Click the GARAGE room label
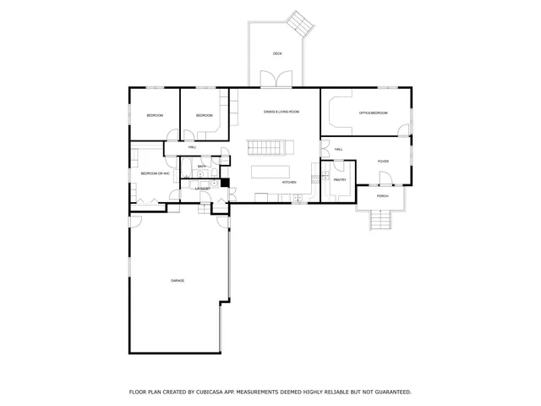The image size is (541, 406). click(178, 280)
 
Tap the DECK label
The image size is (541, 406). click(277, 53)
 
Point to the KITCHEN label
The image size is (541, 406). click(288, 182)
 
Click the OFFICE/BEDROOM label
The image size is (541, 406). click(373, 112)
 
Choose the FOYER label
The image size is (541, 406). click(383, 161)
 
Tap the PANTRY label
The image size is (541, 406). click(340, 179)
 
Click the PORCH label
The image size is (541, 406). click(383, 195)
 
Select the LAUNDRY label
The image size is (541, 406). click(202, 188)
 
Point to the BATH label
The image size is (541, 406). click(202, 167)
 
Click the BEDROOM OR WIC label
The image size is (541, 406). click(156, 173)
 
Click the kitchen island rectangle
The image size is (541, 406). click(276, 172)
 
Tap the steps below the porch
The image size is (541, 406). click(383, 221)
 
